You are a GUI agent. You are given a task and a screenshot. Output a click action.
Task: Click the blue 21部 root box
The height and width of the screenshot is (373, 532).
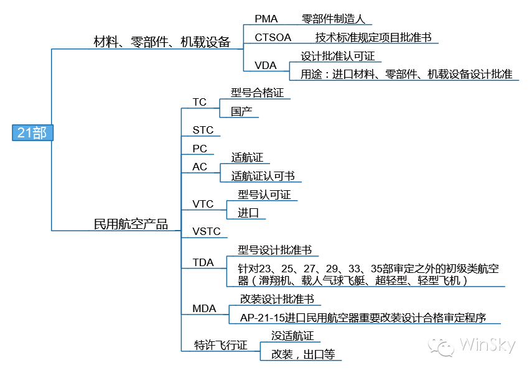point(32,132)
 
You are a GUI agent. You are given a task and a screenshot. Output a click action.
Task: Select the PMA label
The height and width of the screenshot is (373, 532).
point(266,19)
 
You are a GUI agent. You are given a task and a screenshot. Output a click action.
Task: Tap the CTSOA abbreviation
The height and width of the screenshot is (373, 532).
point(273,38)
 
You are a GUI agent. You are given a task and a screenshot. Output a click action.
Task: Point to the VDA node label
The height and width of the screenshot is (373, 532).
point(265,65)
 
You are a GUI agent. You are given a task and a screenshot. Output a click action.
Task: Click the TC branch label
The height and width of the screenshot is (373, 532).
point(200,102)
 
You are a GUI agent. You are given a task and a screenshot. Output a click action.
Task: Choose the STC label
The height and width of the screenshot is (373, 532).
point(203,130)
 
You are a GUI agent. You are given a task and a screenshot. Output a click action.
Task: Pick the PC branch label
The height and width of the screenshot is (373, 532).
point(200,149)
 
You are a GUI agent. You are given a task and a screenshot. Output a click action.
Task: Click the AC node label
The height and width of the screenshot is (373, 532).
point(200,167)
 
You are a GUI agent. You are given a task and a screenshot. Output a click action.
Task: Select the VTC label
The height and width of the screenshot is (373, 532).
point(203,204)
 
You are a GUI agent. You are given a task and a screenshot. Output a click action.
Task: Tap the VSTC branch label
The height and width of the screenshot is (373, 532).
point(207,232)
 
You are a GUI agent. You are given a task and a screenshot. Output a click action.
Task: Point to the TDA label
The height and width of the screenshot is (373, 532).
point(203,262)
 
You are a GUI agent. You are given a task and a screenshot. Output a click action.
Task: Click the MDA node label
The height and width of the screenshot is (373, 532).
point(204,308)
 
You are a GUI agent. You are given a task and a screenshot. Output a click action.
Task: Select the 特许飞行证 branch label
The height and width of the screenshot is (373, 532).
point(220,345)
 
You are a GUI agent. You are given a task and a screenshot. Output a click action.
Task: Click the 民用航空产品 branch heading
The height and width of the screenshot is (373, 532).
point(131,224)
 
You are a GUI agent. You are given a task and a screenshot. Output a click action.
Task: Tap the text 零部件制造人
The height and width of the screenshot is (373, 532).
point(333,19)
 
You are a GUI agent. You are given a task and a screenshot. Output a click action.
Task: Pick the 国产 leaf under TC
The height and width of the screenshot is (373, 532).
point(241,111)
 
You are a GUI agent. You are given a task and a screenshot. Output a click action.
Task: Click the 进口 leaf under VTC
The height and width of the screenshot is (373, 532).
point(248,213)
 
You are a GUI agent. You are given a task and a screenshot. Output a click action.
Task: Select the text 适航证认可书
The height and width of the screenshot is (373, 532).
point(263,176)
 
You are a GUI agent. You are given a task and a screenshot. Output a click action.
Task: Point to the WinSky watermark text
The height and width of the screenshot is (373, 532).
point(487,346)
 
